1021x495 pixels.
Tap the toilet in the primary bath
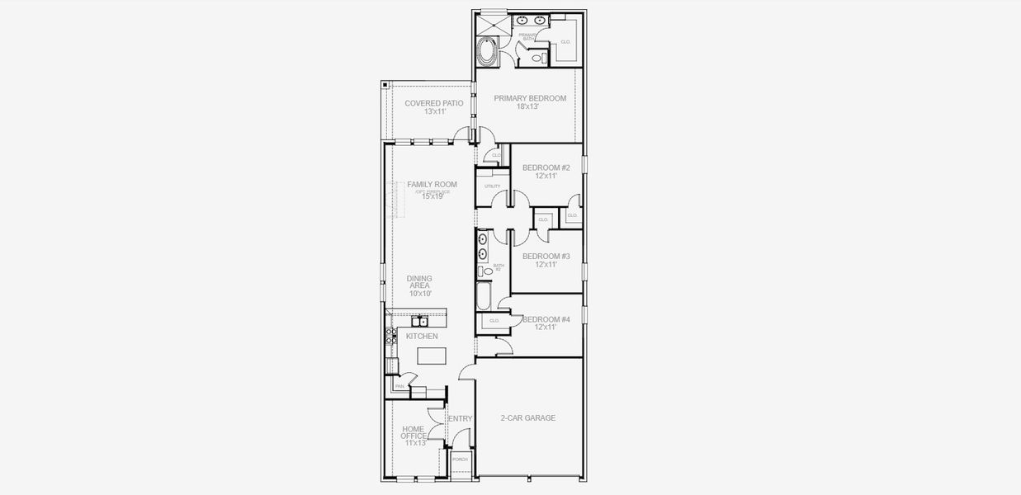(x=536, y=58)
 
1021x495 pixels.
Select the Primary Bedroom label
(x=530, y=98)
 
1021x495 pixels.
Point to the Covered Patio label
(x=433, y=103)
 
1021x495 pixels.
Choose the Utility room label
(x=492, y=186)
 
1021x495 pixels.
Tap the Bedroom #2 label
(x=546, y=167)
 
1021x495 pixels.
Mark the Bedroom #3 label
(x=546, y=257)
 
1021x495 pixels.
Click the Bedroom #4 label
(x=546, y=320)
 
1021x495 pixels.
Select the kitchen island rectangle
(x=431, y=356)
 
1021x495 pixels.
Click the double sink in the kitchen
(x=419, y=322)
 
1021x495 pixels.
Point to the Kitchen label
(x=421, y=337)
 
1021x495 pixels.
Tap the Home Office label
(x=413, y=432)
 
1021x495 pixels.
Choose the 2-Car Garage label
(x=528, y=418)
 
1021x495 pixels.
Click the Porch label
(x=460, y=460)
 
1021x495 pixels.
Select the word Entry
(x=461, y=419)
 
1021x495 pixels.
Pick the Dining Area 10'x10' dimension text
(x=420, y=294)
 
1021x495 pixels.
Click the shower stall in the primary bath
(x=494, y=22)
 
